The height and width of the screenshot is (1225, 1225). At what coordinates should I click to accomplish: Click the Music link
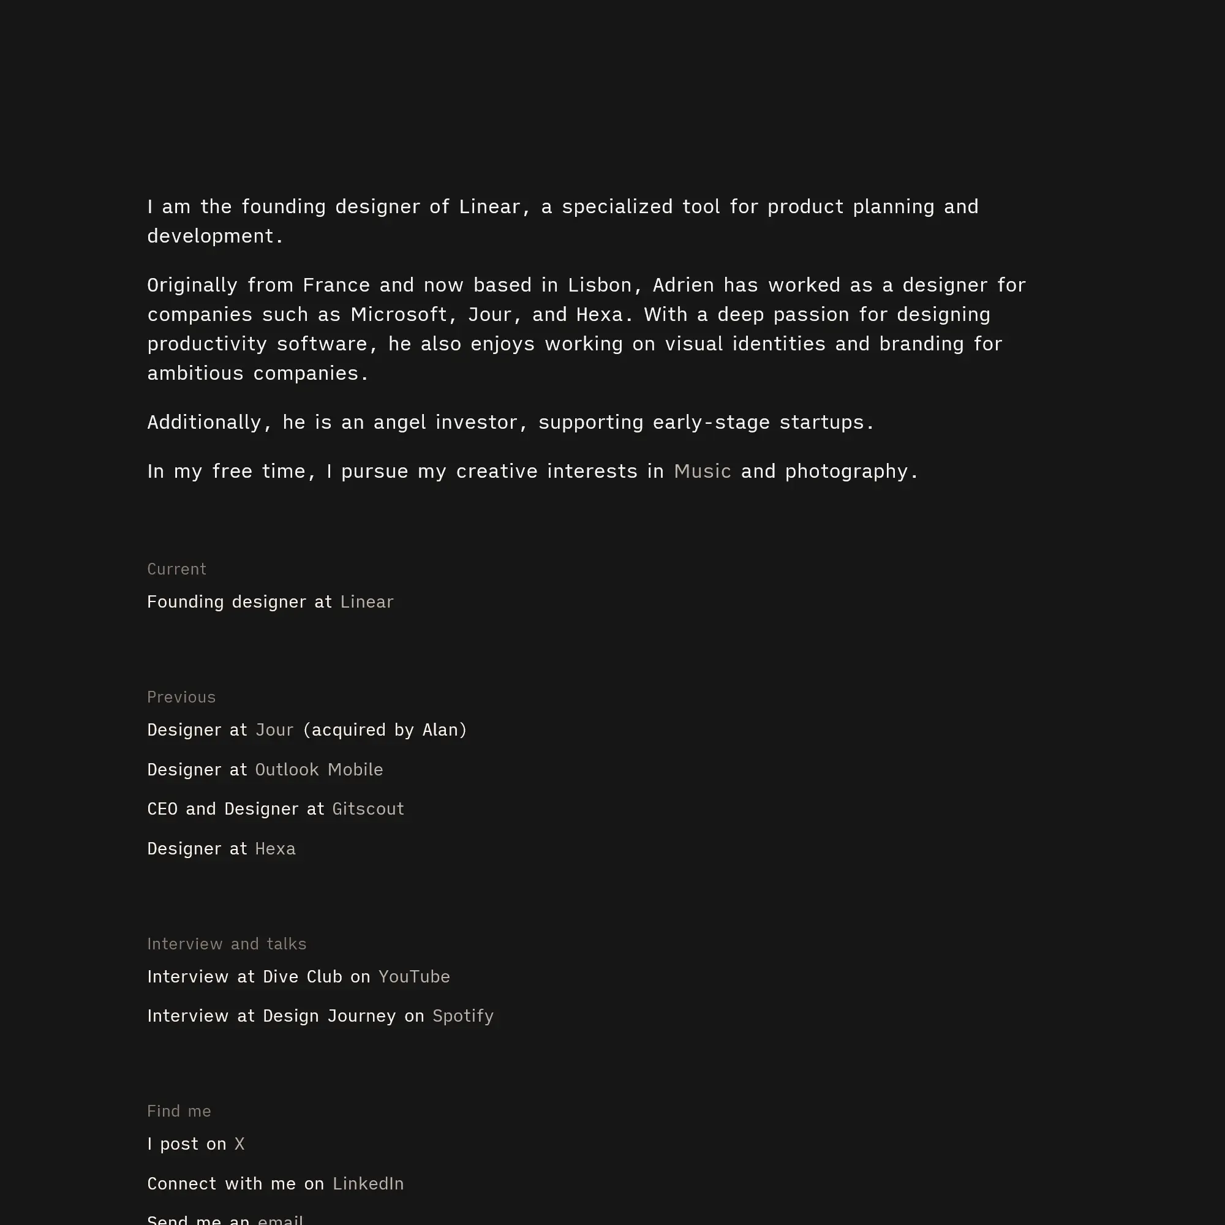[x=702, y=471]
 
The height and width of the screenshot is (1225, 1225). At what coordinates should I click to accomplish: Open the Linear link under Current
[x=366, y=601]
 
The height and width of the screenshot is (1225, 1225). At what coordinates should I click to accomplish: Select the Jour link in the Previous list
[x=274, y=730]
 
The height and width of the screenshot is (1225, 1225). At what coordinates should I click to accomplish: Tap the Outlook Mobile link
[x=319, y=769]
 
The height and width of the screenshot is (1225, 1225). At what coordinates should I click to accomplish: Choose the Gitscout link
[x=367, y=809]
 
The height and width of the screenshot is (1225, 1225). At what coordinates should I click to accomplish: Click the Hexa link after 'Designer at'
[x=275, y=848]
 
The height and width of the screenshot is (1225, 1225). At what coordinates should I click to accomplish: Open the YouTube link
[x=414, y=976]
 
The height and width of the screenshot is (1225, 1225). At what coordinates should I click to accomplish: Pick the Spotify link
[x=463, y=1016]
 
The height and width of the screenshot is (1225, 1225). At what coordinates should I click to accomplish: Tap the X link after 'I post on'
[x=239, y=1144]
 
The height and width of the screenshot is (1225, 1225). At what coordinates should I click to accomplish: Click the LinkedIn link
[x=367, y=1184]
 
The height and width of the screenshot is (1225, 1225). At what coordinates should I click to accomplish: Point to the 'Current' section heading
[x=176, y=569]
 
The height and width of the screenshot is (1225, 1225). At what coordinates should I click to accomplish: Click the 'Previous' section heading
[x=181, y=697]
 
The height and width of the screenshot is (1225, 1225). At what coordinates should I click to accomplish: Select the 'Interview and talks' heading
[x=227, y=943]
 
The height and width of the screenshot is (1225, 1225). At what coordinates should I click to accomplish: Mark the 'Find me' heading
[x=179, y=1111]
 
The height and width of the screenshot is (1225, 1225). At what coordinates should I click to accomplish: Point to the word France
[x=336, y=285]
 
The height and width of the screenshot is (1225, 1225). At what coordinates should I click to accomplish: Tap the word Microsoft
[x=399, y=314]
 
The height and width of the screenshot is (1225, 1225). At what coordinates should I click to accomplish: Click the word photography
[x=846, y=471]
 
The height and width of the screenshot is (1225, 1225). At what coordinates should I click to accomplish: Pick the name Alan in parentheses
[x=440, y=730]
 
